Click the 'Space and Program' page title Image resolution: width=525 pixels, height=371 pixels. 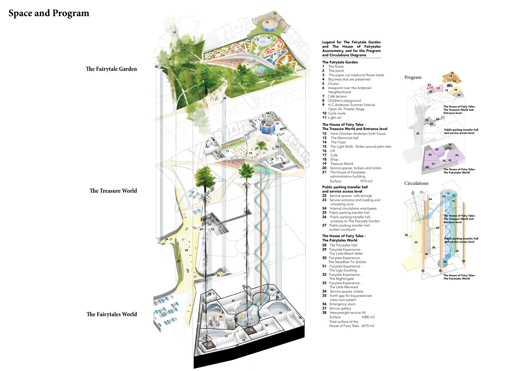coord(49,13)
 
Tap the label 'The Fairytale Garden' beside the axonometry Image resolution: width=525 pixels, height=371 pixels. coord(111,69)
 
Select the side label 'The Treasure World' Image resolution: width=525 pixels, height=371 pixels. coord(113,191)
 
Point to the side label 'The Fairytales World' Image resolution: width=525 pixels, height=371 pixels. coord(112,314)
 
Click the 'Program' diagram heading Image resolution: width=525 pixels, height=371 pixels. coord(413,77)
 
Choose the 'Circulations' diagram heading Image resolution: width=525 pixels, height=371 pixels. coord(416,183)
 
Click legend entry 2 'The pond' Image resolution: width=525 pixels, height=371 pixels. coord(336,71)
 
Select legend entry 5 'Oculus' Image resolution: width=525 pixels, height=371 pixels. coord(333,84)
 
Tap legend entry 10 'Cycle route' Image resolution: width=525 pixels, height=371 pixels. coord(336,113)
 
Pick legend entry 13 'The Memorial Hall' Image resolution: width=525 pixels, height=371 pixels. coord(344,138)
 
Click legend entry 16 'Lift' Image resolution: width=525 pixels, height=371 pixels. coord(332,151)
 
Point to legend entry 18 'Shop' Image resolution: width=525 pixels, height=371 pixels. coord(334,159)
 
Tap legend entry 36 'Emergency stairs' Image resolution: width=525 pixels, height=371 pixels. coord(342,304)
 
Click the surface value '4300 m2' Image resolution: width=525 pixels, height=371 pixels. coord(368,317)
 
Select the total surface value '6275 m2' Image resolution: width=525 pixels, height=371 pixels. coord(368,326)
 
